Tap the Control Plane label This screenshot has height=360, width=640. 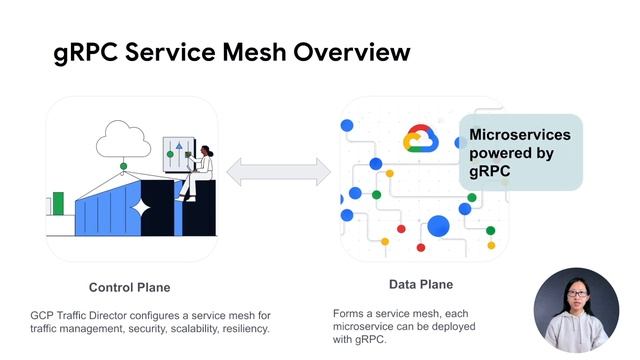129,287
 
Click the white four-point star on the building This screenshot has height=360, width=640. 142,208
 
